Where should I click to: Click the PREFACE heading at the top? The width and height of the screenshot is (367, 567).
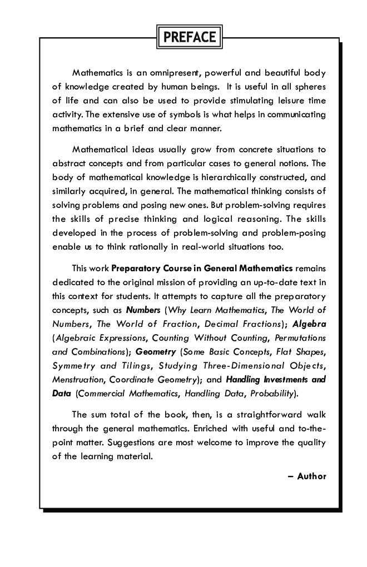(190, 38)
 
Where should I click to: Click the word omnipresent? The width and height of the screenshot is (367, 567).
(165, 73)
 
